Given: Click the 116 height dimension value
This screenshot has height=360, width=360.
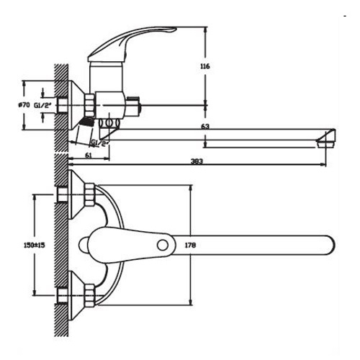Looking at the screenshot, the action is point(205,66).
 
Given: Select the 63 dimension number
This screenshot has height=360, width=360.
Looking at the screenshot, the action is point(205,126).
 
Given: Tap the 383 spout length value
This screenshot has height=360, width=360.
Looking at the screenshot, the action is point(197,161).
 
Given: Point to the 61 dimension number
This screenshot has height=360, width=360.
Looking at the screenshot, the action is point(89,156).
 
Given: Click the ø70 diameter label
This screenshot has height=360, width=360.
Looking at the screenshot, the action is point(24,105).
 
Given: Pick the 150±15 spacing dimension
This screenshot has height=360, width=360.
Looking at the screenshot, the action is point(35,245).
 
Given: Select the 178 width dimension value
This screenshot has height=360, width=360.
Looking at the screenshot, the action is point(190,245).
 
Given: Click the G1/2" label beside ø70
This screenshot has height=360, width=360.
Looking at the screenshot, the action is point(42,105).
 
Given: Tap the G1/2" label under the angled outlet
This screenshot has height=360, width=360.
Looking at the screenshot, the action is point(100,143).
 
